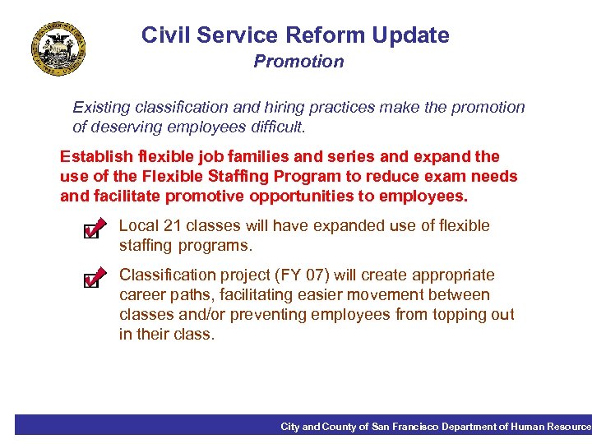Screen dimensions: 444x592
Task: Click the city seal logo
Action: pos(58,48)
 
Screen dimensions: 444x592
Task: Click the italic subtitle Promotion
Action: pos(298,62)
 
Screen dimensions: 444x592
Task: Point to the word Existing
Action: pos(103,108)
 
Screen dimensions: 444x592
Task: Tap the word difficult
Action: pos(275,127)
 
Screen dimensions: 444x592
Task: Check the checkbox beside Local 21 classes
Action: pos(93,230)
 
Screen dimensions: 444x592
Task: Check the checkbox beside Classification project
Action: pos(93,280)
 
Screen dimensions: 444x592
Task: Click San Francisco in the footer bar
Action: pos(405,427)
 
